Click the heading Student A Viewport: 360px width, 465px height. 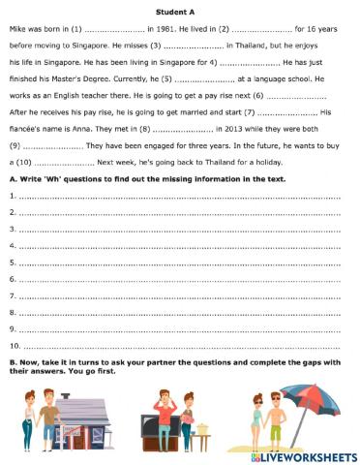(180, 10)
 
